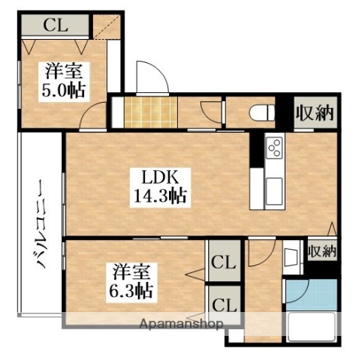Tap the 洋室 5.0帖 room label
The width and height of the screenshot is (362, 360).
tap(65, 81)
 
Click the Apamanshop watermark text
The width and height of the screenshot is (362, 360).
tap(180, 325)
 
